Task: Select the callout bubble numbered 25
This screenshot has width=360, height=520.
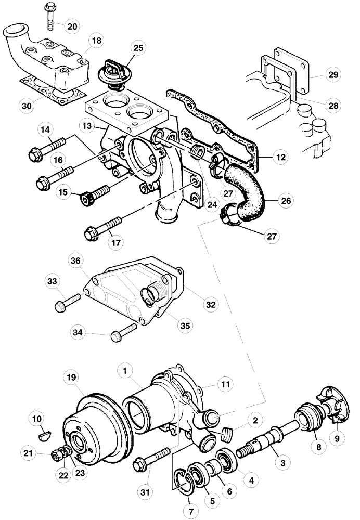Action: [138, 48]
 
